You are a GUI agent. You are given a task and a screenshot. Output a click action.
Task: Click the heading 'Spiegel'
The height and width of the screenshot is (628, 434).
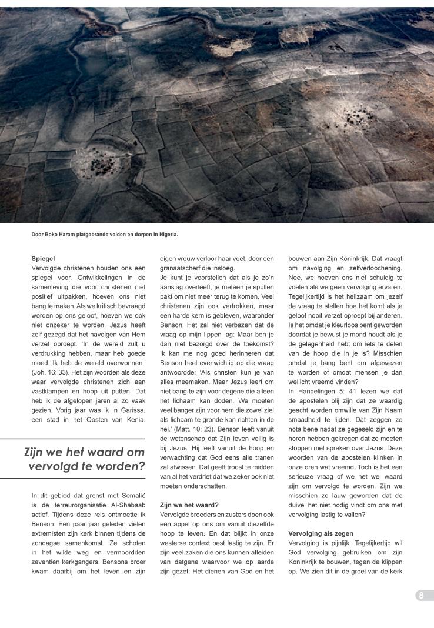[x=43, y=258]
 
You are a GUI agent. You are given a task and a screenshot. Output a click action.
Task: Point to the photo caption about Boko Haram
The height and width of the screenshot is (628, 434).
[x=105, y=235]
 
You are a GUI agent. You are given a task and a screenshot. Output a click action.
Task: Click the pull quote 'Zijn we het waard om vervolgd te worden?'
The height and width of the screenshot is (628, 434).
[x=85, y=459]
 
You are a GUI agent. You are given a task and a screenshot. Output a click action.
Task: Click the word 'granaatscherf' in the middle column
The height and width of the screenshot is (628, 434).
[x=184, y=267]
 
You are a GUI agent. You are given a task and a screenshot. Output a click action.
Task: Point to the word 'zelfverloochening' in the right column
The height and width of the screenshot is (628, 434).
[x=369, y=267]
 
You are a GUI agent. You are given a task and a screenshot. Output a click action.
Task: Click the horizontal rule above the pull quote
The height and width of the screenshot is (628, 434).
[x=72, y=439]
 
